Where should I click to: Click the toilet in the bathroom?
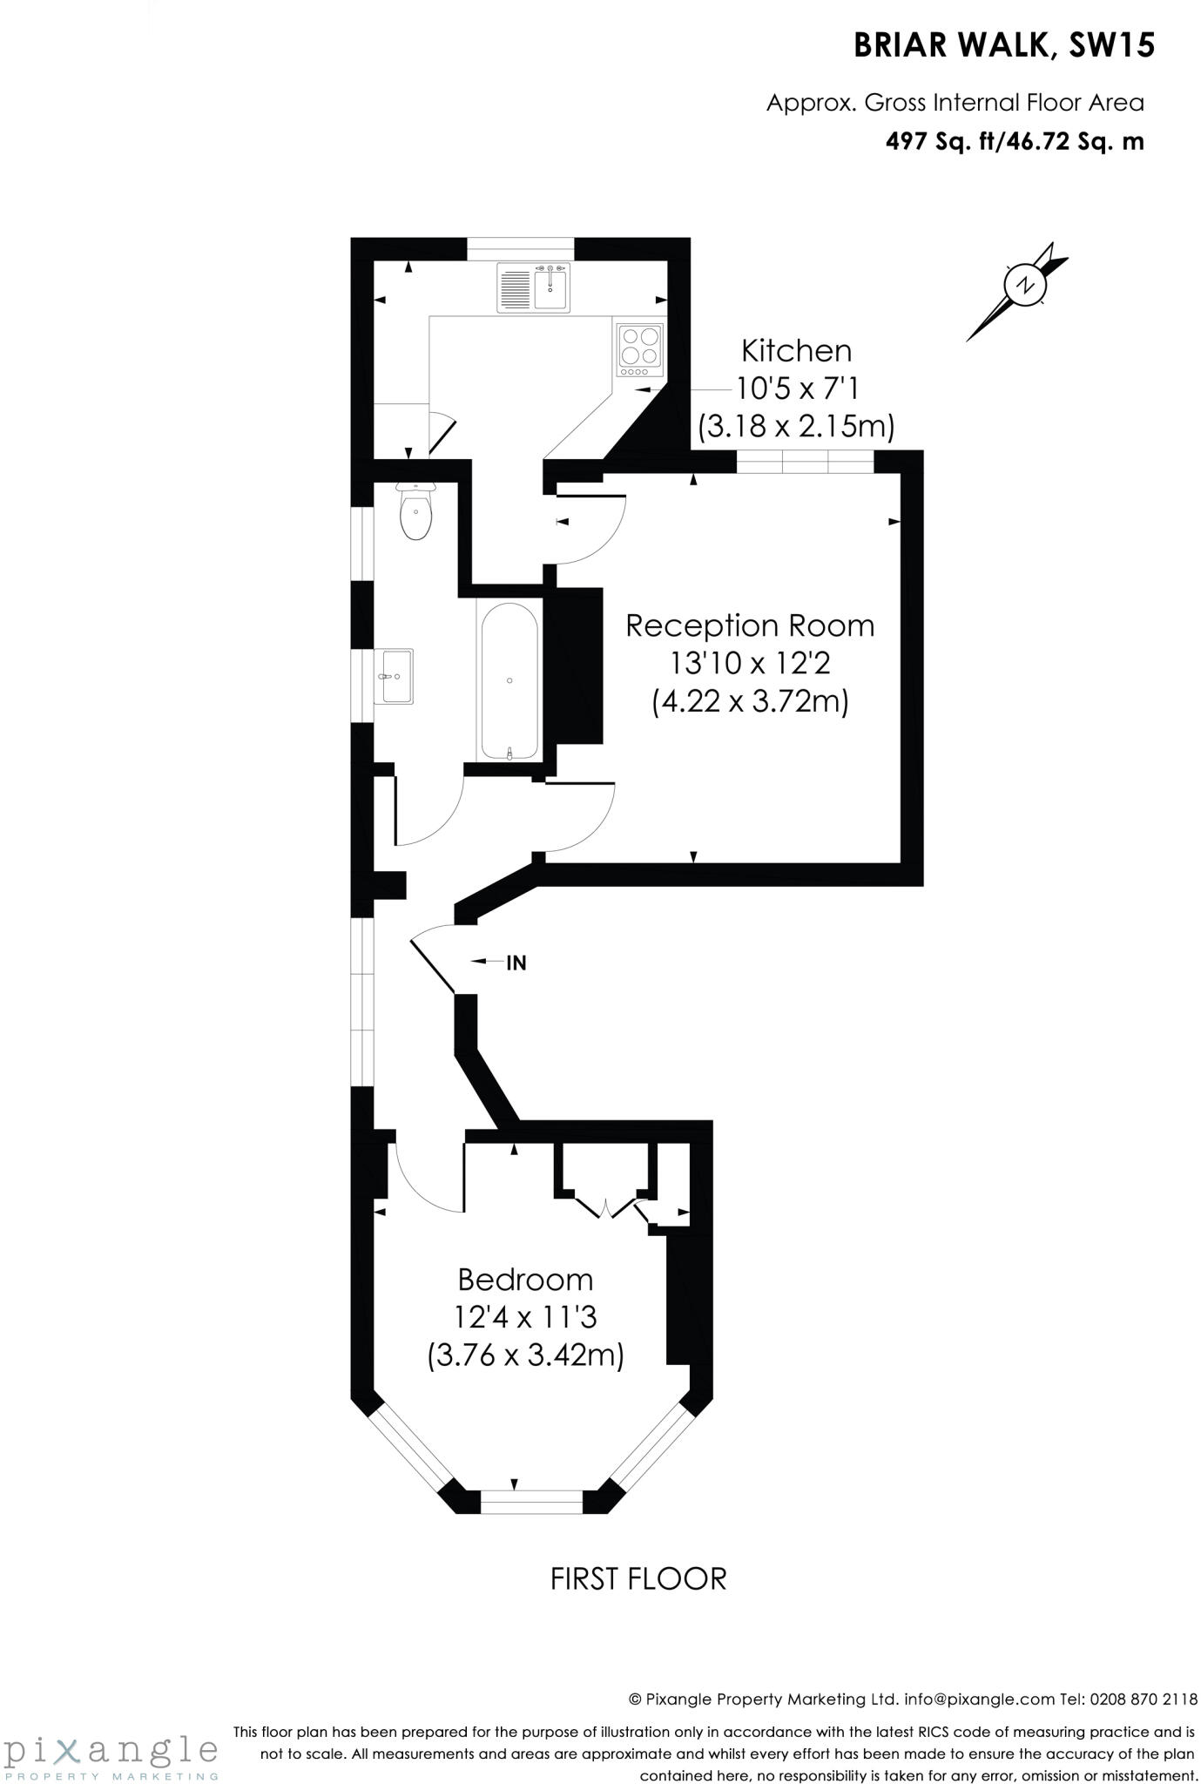coord(415,513)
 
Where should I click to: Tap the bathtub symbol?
coord(509,680)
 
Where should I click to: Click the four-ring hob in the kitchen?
coord(640,345)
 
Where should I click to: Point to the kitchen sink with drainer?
coord(533,287)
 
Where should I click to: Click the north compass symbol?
coord(1026,285)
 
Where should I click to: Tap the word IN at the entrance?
coord(516,963)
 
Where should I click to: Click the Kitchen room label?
coord(796,351)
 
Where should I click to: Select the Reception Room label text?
coord(750,625)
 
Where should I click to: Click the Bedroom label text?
coord(525,1280)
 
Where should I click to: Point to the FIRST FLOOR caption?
coord(638,1578)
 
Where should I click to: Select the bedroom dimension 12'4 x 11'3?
coord(525,1317)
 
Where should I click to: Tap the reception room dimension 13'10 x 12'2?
coord(750,664)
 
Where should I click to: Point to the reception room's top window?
coord(805,462)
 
